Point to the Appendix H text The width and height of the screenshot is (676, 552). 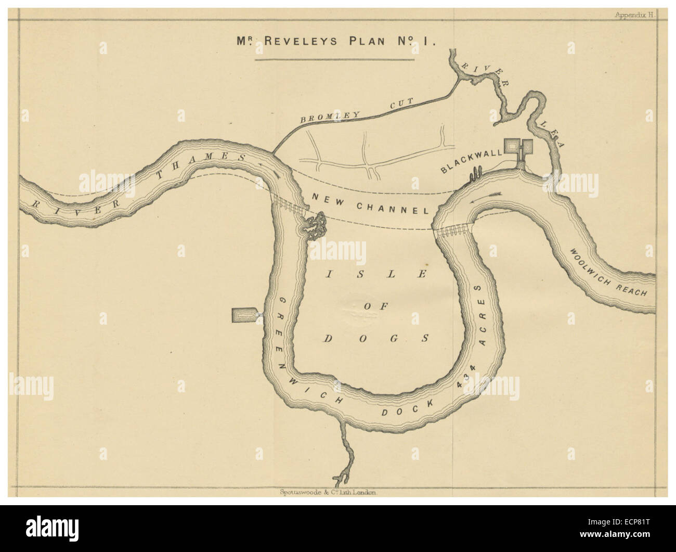pyautogui.click(x=635, y=16)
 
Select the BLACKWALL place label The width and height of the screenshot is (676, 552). pyautogui.click(x=472, y=161)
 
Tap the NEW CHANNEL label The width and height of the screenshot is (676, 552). pyautogui.click(x=369, y=203)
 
